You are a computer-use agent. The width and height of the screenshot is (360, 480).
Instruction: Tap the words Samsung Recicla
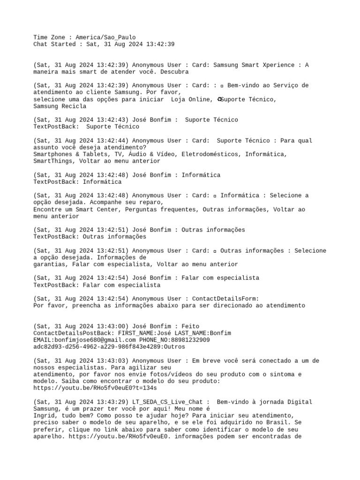[60, 106]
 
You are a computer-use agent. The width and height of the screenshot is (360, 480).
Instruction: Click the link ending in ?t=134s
[95, 388]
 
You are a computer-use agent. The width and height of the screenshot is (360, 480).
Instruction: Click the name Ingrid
[44, 416]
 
